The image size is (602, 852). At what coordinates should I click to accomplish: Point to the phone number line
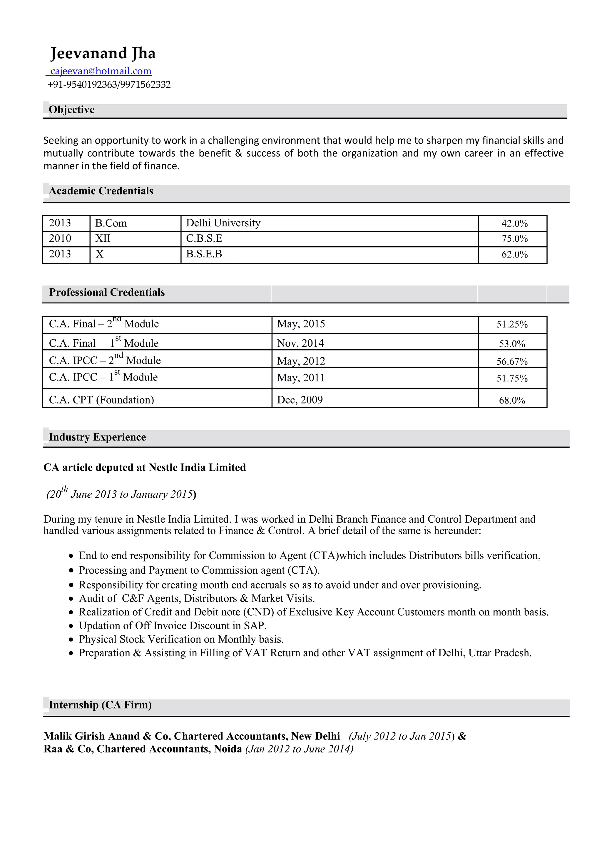tap(109, 84)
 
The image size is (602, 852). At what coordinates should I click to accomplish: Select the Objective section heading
tap(71, 110)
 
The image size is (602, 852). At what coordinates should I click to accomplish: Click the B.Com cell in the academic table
tap(111, 223)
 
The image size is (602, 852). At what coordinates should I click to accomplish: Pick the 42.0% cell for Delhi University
tap(514, 223)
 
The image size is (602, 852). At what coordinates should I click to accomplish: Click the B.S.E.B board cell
tap(204, 254)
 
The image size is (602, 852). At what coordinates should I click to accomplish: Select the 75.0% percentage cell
tap(514, 239)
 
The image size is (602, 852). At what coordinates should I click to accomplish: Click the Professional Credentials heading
tap(107, 293)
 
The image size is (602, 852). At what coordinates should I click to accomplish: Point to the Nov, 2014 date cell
tap(300, 343)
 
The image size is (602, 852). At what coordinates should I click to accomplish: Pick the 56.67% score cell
tap(512, 361)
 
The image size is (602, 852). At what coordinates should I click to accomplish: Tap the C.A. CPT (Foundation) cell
tap(101, 400)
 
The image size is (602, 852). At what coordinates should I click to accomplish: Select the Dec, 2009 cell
tap(300, 400)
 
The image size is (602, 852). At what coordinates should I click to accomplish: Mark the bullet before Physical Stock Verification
tap(71, 640)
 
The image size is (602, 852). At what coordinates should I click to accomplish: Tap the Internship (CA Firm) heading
tap(100, 705)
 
